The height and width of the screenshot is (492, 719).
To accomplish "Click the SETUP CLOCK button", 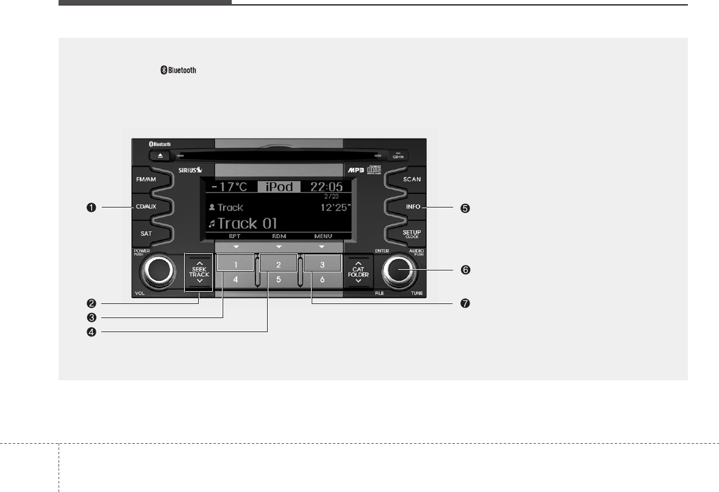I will tap(412, 234).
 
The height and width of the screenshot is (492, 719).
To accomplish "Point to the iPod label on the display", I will tap(278, 187).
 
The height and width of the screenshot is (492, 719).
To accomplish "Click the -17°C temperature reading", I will tap(226, 187).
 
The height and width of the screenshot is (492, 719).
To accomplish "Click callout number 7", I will tap(466, 303).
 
